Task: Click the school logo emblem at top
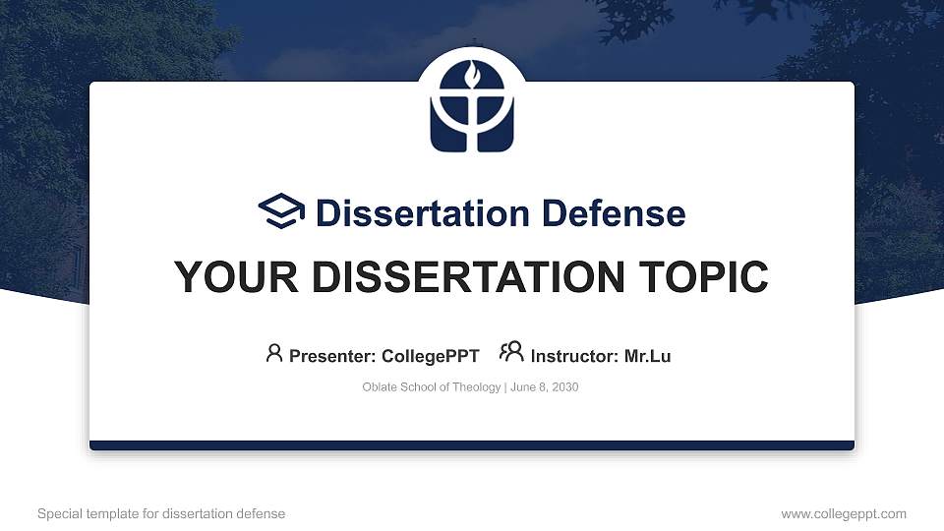click(471, 109)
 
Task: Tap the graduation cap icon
click(282, 211)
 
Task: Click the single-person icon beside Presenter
click(274, 353)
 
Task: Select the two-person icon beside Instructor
click(511, 353)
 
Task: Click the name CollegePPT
click(432, 356)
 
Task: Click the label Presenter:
click(332, 356)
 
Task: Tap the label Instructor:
click(575, 356)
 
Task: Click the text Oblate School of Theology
click(432, 387)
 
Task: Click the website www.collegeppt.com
click(844, 514)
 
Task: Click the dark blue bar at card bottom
click(471, 445)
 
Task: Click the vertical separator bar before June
click(505, 387)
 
